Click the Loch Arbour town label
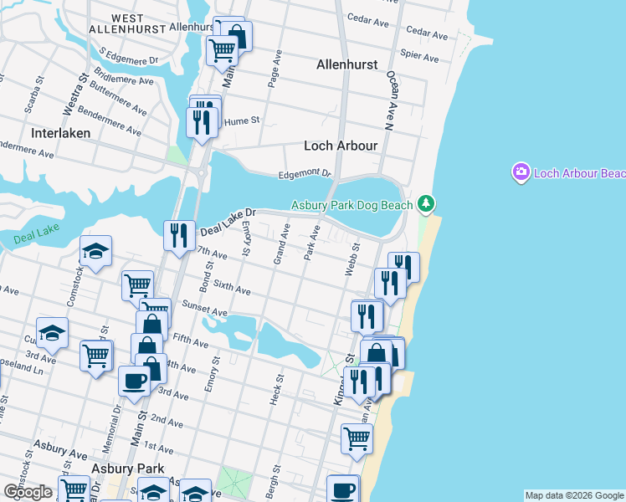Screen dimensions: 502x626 [x=341, y=146]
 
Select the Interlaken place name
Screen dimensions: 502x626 [x=60, y=133]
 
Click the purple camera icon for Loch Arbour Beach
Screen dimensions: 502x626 [x=521, y=172]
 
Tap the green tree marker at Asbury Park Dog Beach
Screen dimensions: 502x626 [x=426, y=203]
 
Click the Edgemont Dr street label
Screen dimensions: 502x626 [x=305, y=173]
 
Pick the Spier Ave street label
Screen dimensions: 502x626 [x=420, y=57]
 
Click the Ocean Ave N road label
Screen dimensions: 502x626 [x=391, y=99]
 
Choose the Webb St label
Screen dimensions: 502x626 [x=351, y=259]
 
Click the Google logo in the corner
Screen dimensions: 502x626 [x=28, y=492]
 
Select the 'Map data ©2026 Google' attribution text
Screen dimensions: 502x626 [x=574, y=495]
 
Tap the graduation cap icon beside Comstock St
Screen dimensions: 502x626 [x=95, y=250]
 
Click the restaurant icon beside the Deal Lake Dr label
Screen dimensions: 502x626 [x=178, y=235]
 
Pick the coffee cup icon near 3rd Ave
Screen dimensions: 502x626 [x=134, y=382]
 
